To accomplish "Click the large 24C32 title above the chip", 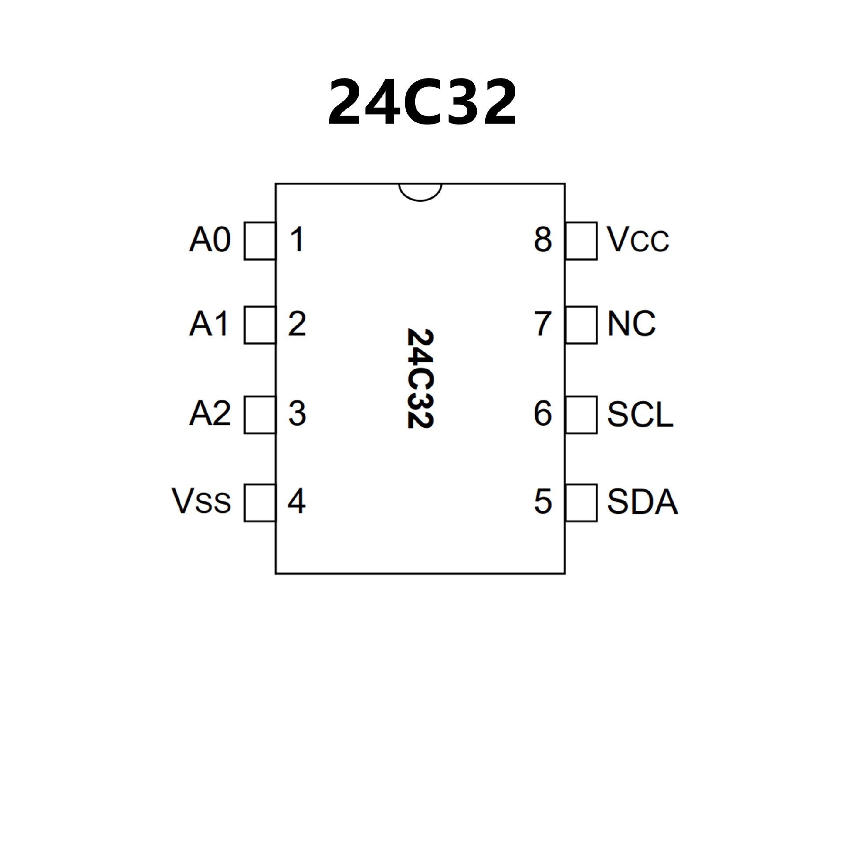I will (x=422, y=102).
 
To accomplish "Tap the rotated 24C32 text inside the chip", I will (x=420, y=378).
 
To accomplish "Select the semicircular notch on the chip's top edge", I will (x=420, y=192).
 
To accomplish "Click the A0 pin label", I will (x=210, y=240).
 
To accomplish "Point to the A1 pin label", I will (x=209, y=324).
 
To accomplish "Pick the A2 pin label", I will (x=210, y=414).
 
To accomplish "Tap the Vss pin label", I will (x=201, y=502).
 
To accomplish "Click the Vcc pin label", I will (x=638, y=240).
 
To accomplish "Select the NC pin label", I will (x=631, y=324).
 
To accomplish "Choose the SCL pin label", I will (x=640, y=414).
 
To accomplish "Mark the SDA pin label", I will (x=642, y=502).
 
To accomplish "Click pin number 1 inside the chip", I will (x=297, y=240).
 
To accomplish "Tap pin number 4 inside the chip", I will (x=296, y=502).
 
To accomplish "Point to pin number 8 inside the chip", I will (x=543, y=240).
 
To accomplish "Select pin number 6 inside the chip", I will (x=543, y=414).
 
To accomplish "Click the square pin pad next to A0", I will (x=260, y=241).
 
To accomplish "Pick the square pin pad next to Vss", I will (x=260, y=503).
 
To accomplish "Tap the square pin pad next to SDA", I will (x=581, y=503).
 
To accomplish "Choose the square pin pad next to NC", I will (x=581, y=325).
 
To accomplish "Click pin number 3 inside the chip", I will (x=297, y=414).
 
